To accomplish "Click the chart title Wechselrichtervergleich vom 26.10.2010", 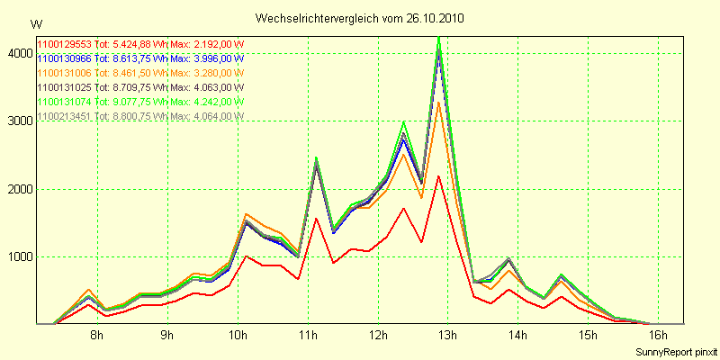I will click(x=360, y=18).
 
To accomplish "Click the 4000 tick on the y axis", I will click(x=17, y=53).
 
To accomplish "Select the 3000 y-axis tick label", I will click(x=17, y=121).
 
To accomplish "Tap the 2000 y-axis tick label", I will click(x=17, y=189).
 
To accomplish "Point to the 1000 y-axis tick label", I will click(x=17, y=256).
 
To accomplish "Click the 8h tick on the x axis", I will click(x=96, y=336).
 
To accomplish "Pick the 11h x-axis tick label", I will click(x=308, y=336).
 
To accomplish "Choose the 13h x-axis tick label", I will click(x=447, y=336).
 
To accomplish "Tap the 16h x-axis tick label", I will click(x=658, y=336).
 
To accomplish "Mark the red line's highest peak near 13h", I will click(x=438, y=175).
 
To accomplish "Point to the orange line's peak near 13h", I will click(x=438, y=102).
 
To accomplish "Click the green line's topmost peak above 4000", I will click(x=438, y=38).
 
